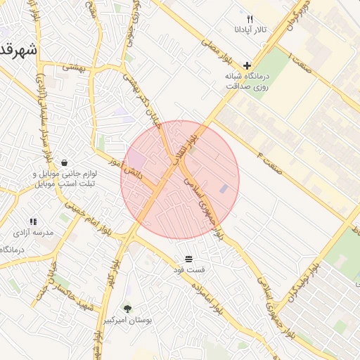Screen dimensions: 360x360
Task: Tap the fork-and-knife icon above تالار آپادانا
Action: [250, 19]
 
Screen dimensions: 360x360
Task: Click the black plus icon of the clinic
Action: [247, 65]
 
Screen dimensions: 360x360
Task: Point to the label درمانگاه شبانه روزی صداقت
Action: [247, 81]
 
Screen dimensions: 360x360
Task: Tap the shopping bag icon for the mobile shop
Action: [65, 162]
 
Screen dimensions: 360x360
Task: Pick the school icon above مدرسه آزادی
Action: [33, 221]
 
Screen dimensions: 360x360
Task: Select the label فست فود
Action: [189, 269]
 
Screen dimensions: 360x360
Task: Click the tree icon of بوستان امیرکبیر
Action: [127, 309]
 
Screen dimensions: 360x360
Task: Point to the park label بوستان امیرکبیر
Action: [128, 320]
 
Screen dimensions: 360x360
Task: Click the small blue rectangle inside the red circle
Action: [224, 188]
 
